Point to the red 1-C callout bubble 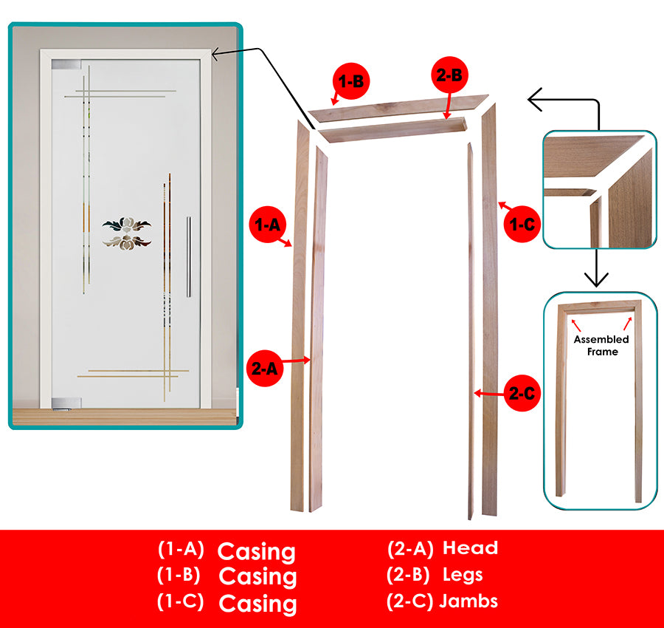522,223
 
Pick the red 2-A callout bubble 264,367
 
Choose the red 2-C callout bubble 521,394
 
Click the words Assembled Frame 602,345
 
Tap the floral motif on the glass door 126,233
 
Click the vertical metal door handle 188,256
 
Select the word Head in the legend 470,548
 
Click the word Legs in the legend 463,574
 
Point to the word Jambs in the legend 468,601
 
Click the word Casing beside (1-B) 258,576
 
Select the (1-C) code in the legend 181,601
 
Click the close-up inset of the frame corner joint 599,189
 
